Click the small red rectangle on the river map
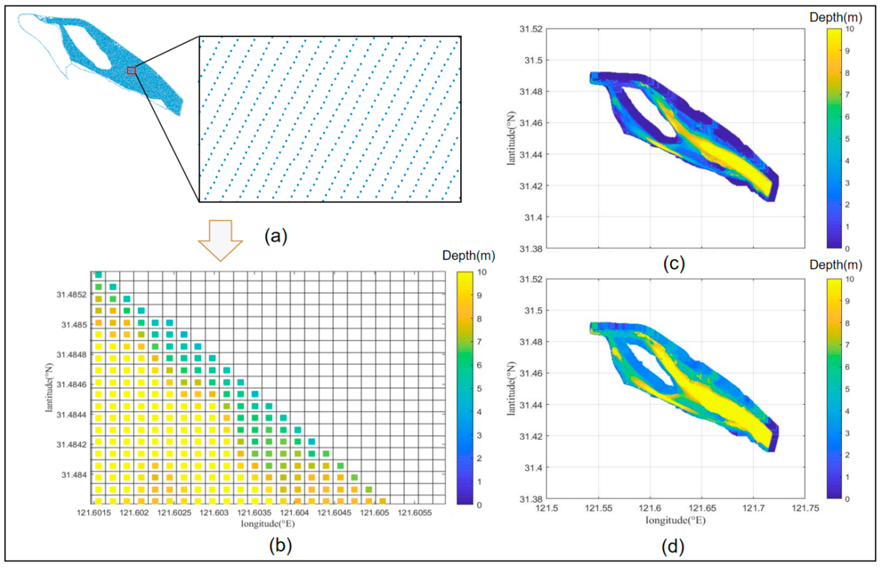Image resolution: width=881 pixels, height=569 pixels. click(x=131, y=70)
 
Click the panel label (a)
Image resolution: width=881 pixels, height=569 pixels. click(x=276, y=236)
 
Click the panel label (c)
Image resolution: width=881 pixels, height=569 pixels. click(x=674, y=264)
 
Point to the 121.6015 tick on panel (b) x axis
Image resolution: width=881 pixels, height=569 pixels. click(x=93, y=513)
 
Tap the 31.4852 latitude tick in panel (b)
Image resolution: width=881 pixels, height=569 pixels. click(x=72, y=294)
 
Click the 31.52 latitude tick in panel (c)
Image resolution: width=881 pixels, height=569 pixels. click(x=531, y=29)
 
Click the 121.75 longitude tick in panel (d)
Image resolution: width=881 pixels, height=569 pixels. click(x=805, y=508)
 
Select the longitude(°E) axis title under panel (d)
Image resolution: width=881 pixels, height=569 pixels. click(x=676, y=520)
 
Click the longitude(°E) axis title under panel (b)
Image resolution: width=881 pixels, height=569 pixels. click(x=268, y=524)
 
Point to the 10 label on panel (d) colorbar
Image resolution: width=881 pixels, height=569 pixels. click(x=850, y=279)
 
